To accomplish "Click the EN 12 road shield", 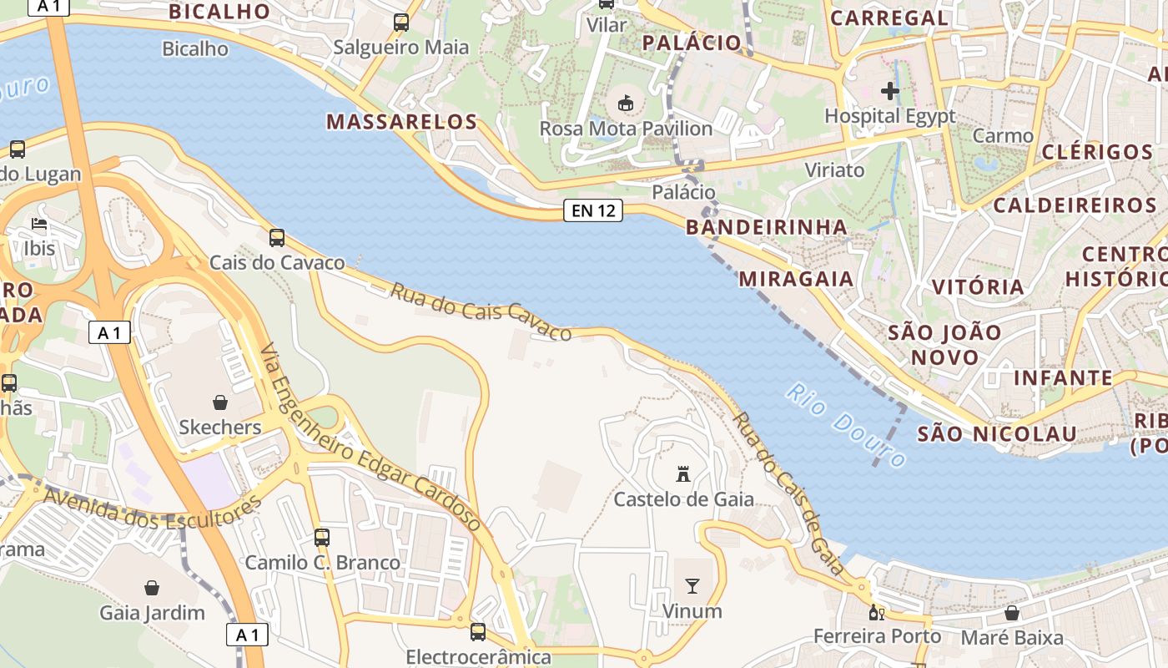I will click(594, 210).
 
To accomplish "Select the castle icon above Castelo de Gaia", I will click(683, 474).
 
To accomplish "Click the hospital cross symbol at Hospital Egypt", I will click(889, 90).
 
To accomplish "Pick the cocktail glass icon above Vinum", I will click(692, 586).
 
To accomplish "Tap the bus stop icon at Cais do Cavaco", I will click(277, 238).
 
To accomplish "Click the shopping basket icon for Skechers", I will click(220, 402).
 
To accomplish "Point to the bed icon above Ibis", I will click(39, 224).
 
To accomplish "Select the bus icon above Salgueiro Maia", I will click(401, 23).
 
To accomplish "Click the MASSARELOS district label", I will click(401, 122).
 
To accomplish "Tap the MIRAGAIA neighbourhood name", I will click(796, 279).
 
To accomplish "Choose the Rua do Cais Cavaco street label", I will click(481, 311).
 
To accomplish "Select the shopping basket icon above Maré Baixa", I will click(1012, 614).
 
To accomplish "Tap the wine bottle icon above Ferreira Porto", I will click(876, 613).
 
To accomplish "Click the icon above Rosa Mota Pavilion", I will click(625, 104).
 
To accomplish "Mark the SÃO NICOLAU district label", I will click(997, 434).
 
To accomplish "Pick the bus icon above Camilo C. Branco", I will click(322, 538).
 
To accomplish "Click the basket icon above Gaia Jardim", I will click(152, 588).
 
